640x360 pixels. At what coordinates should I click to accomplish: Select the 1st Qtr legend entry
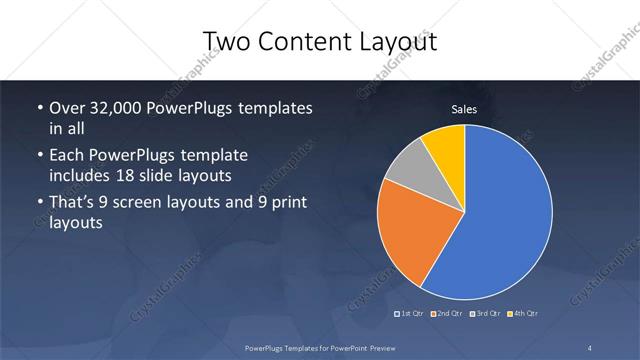[x=411, y=315]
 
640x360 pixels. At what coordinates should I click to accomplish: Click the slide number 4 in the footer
[x=591, y=347]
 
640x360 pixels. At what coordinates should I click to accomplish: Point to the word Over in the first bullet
[x=67, y=108]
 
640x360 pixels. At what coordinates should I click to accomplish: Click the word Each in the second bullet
[x=67, y=156]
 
